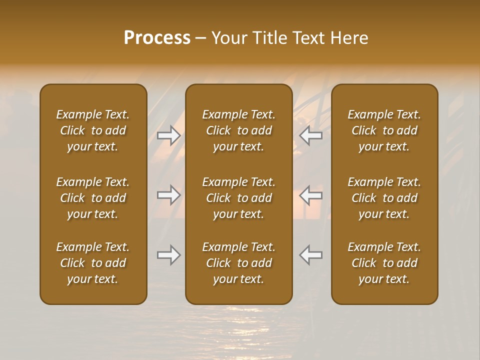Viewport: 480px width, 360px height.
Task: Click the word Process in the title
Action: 157,38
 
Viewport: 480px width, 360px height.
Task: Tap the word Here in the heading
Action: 349,38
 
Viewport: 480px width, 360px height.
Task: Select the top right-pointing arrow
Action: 168,135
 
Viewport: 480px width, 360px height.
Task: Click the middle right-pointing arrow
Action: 168,194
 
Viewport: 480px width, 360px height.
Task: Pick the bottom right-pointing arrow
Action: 168,255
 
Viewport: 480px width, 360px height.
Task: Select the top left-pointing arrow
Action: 310,135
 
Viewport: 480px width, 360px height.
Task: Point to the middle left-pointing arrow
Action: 310,194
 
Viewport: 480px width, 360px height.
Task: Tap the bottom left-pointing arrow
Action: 310,255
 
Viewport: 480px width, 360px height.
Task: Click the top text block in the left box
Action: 93,130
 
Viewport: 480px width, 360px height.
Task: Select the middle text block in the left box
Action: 93,198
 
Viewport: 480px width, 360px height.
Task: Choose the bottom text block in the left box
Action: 93,263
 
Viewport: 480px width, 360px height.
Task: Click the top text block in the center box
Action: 238,130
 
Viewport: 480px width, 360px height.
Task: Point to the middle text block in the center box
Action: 238,198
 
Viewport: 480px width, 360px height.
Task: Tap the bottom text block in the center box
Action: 238,263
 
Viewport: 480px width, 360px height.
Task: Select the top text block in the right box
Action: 384,130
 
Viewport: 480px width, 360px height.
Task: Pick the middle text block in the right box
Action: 384,198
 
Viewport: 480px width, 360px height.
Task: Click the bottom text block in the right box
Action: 384,263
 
